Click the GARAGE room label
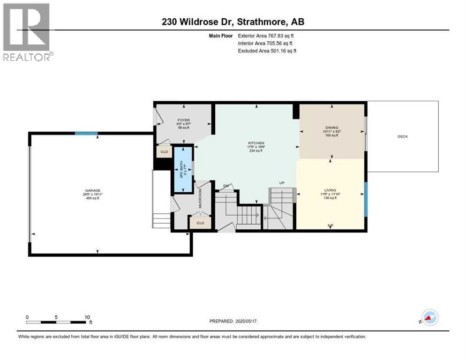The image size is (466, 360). click(x=92, y=191)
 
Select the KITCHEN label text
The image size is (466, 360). click(x=256, y=142)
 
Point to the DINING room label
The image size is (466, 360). click(x=332, y=127)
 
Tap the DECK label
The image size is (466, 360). click(x=403, y=136)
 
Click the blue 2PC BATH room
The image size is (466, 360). click(x=183, y=169)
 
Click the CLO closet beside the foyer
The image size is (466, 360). click(x=164, y=152)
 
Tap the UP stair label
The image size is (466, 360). click(x=282, y=182)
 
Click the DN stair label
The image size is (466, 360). click(x=225, y=186)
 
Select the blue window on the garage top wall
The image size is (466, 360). click(x=87, y=134)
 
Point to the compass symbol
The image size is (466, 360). click(x=429, y=317)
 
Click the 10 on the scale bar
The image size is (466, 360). click(x=87, y=317)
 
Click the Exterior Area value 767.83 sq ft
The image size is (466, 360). click(x=279, y=35)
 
